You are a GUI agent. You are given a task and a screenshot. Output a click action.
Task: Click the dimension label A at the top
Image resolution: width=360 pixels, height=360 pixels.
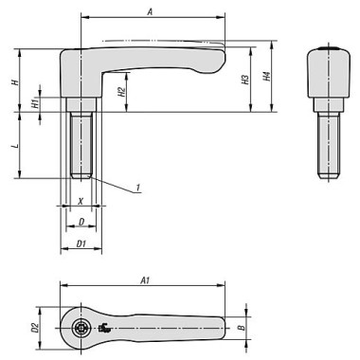pyautogui.click(x=152, y=10)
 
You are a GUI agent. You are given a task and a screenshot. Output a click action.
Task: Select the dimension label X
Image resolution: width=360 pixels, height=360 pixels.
pyautogui.click(x=81, y=202)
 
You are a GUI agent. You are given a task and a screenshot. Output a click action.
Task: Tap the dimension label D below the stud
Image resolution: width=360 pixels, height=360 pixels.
pyautogui.click(x=81, y=223)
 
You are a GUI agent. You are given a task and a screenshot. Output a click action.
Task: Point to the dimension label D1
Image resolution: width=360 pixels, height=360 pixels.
pyautogui.click(x=81, y=244)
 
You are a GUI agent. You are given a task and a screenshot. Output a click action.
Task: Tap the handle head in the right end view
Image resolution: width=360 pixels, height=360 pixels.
pyautogui.click(x=325, y=76)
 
